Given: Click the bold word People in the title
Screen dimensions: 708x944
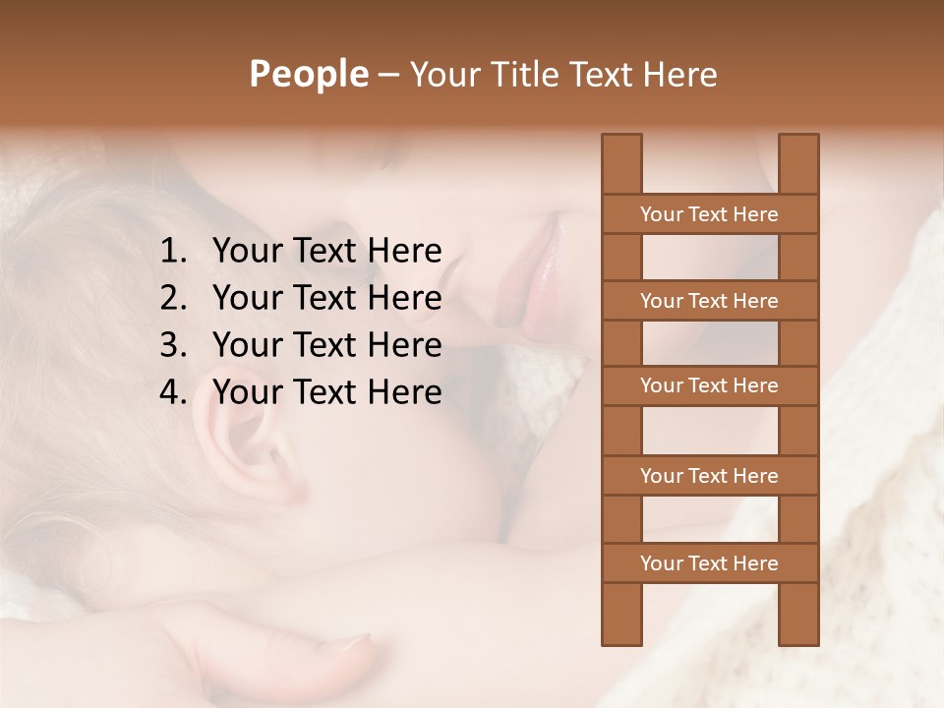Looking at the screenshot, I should click(308, 74).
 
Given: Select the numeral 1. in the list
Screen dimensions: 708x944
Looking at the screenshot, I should click(172, 252).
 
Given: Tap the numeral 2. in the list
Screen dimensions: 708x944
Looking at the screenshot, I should click(172, 298).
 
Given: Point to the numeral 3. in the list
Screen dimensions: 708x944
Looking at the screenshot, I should click(172, 345).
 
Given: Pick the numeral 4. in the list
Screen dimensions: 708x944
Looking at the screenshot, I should click(172, 392).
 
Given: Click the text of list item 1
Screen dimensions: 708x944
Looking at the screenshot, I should click(326, 252).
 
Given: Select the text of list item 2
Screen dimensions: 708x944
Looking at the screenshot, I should click(326, 298).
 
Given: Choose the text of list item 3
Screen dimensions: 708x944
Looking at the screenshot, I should click(326, 345).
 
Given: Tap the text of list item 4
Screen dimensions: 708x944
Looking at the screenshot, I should click(326, 392).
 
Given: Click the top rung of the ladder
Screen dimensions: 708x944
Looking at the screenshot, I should click(709, 214).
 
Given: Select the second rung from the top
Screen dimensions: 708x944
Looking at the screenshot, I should click(709, 301).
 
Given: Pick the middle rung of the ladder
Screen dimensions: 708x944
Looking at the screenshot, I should click(709, 386).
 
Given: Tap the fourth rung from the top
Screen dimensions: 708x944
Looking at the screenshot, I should click(709, 476).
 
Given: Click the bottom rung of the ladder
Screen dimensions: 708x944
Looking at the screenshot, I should click(709, 563).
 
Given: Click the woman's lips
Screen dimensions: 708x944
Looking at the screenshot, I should click(539, 280).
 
